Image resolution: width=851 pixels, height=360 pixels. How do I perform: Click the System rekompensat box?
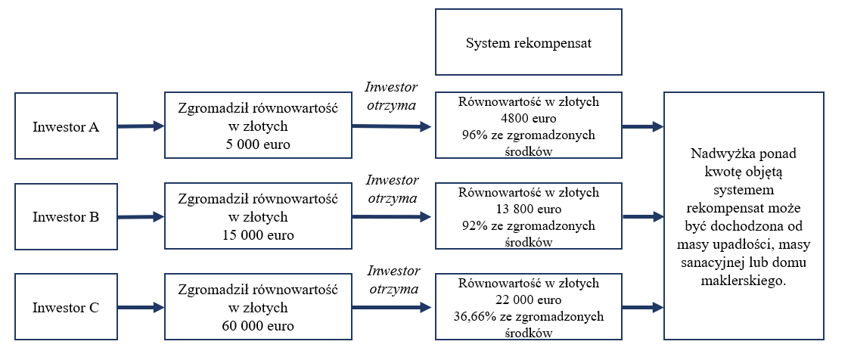[x=529, y=42]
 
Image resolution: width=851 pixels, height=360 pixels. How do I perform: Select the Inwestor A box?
[x=67, y=126]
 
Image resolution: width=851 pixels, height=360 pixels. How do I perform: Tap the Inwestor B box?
[x=67, y=216]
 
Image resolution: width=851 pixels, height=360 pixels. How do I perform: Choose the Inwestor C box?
[x=67, y=307]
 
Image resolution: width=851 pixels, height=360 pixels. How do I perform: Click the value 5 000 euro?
[x=258, y=145]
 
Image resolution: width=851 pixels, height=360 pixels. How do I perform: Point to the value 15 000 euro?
[x=258, y=236]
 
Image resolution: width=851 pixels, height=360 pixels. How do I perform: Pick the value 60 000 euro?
[x=258, y=326]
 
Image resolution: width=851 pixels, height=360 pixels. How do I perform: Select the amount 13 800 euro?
[x=529, y=209]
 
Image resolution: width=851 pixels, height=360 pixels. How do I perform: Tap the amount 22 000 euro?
[x=529, y=299]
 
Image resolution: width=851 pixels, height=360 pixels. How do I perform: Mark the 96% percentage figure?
[x=472, y=135]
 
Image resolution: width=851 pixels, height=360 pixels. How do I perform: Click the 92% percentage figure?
[x=472, y=225]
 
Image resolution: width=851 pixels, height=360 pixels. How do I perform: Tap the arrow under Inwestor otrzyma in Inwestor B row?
[x=393, y=217]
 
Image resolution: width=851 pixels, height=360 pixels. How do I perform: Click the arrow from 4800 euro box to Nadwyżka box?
[x=643, y=126]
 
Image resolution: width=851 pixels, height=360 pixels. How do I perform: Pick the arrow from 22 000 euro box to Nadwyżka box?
[x=643, y=308]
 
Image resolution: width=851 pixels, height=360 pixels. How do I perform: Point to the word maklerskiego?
[x=744, y=282]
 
